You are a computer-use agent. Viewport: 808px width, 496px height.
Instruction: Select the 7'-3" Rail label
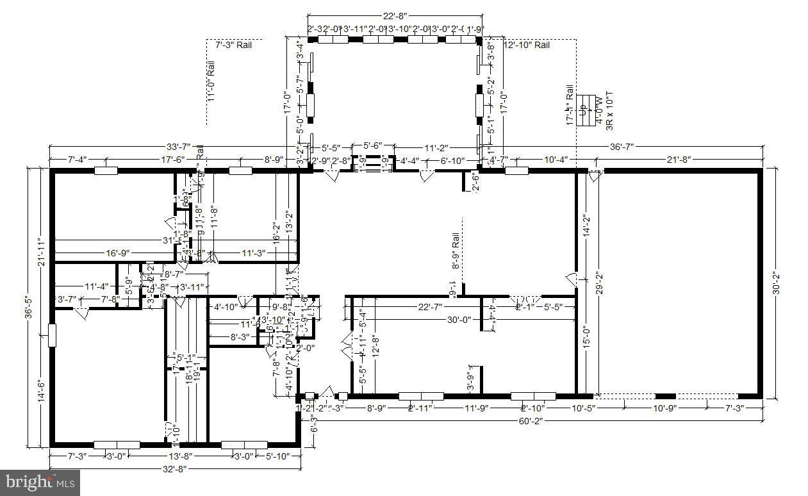(x=233, y=45)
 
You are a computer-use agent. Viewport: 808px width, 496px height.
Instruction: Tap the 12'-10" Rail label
(x=527, y=45)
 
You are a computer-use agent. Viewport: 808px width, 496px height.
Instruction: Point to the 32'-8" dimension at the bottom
(x=175, y=468)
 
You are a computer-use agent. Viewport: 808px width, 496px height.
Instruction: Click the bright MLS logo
(x=40, y=481)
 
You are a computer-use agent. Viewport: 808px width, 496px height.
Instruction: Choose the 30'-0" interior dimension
(x=459, y=319)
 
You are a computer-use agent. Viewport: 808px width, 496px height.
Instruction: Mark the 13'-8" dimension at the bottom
(x=179, y=456)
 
